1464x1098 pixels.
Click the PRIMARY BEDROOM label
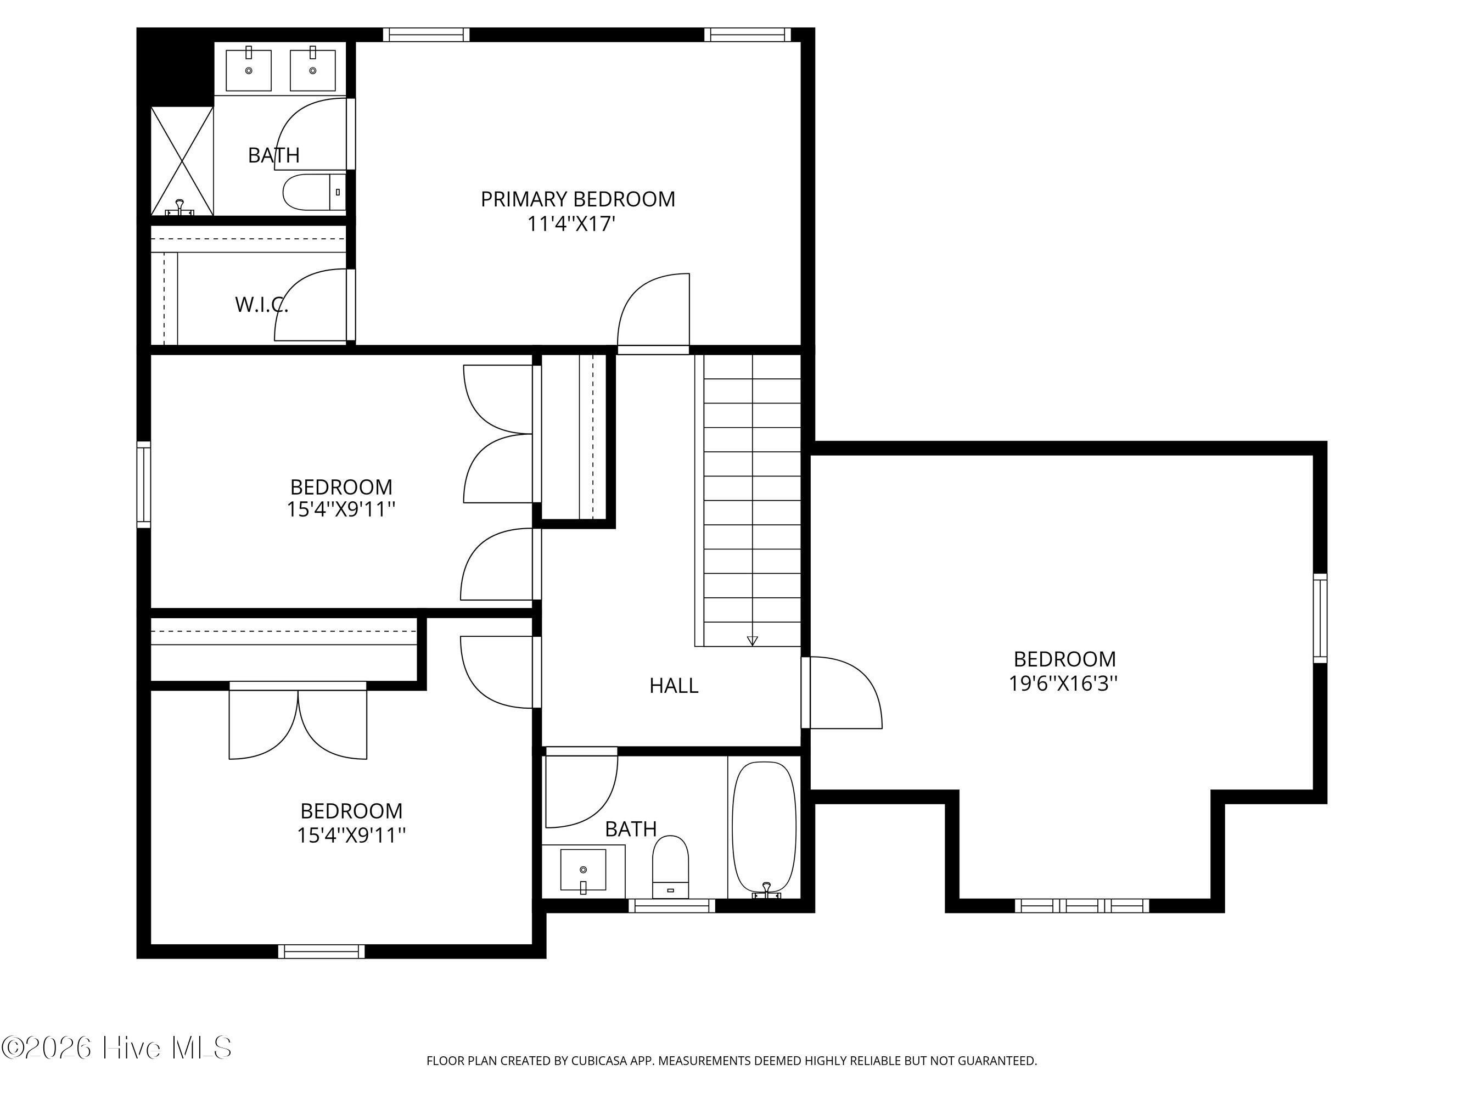(578, 199)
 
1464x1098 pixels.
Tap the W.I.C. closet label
(261, 305)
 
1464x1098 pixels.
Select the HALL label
(674, 686)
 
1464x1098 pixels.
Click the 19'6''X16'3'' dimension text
(1064, 683)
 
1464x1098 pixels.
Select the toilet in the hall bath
(670, 866)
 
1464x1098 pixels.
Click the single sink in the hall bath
(583, 870)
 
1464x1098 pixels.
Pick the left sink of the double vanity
(249, 70)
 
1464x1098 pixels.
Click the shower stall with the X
(182, 161)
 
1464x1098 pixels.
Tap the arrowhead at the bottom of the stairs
(753, 641)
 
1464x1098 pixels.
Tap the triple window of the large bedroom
(1082, 905)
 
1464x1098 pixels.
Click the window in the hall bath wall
(672, 905)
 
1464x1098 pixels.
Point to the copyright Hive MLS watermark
(116, 1047)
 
